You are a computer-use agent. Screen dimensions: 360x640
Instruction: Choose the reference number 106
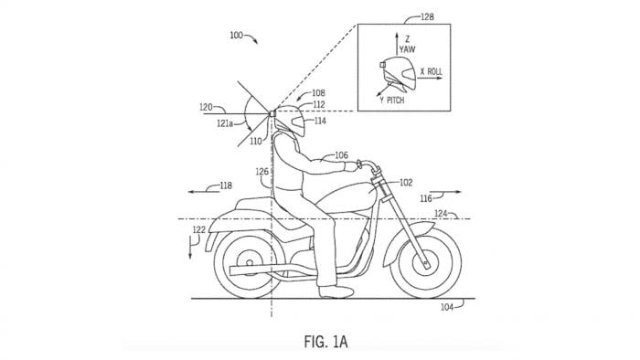tap(339, 155)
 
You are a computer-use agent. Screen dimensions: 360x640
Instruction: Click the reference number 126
tap(262, 171)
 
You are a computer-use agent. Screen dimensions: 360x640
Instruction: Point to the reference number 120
tap(207, 107)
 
